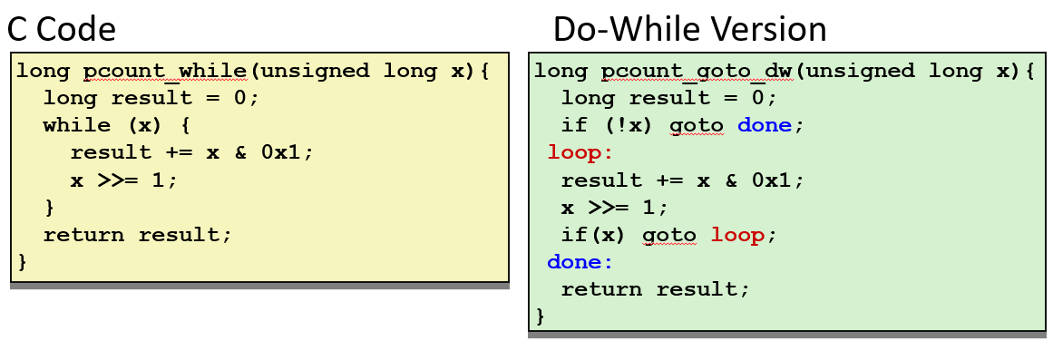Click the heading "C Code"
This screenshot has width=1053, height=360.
pos(62,30)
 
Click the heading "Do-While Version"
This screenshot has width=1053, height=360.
pos(689,30)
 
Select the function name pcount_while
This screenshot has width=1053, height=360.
pos(165,71)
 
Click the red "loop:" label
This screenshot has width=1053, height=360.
pos(580,152)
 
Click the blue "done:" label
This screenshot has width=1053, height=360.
pos(580,262)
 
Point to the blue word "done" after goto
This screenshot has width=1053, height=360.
pos(765,125)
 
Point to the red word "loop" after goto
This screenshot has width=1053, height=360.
pos(737,235)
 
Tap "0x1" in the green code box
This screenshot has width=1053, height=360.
pos(777,180)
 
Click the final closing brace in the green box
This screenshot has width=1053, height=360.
pos(541,316)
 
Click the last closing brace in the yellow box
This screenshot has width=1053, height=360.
pos(23,262)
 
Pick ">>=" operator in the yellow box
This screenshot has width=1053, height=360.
pos(117,180)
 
